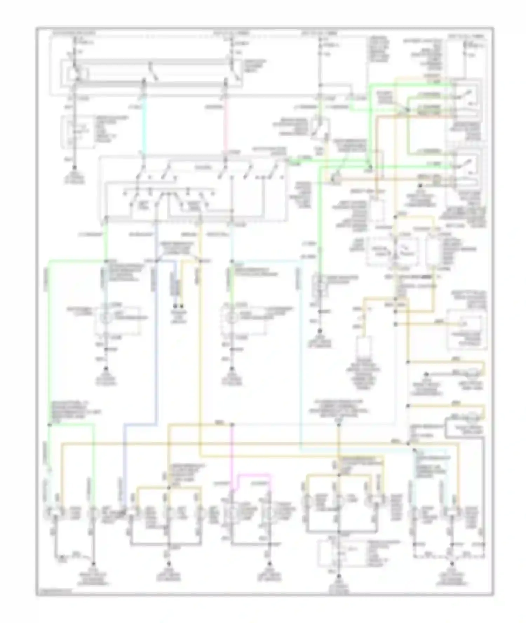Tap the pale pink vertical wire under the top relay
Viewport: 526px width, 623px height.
coord(225,123)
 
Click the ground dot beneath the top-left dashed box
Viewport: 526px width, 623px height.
coord(74,168)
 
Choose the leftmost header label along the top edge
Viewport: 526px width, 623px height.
coord(74,34)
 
